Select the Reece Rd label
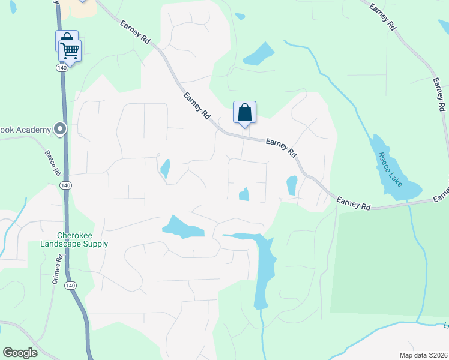pyautogui.click(x=53, y=163)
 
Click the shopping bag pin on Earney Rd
pyautogui.click(x=244, y=112)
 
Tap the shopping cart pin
pyautogui.click(x=70, y=52)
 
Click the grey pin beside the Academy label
pyautogui.click(x=59, y=128)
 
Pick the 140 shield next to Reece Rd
pyautogui.click(x=65, y=186)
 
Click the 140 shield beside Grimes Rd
pyautogui.click(x=71, y=286)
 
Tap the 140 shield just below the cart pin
pyautogui.click(x=62, y=68)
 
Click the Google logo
pyautogui.click(x=20, y=353)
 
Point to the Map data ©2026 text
pyautogui.click(x=423, y=355)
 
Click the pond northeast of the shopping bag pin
pyautogui.click(x=259, y=54)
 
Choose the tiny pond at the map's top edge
pyautogui.click(x=240, y=17)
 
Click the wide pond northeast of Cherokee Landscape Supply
pyautogui.click(x=183, y=226)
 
